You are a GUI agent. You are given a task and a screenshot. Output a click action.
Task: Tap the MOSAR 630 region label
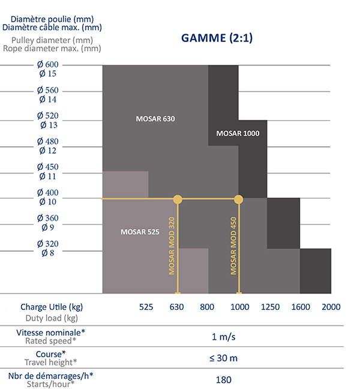(x=155, y=118)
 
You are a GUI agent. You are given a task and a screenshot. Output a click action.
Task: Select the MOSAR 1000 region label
(x=238, y=133)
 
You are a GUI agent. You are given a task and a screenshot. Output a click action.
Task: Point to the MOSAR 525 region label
(x=140, y=231)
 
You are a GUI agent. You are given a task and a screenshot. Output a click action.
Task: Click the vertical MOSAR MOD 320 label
(x=172, y=246)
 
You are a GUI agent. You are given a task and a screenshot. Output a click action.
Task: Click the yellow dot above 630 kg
(x=178, y=199)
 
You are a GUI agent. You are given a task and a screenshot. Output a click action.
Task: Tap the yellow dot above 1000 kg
(x=238, y=199)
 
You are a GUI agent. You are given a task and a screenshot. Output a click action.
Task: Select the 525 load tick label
(x=146, y=307)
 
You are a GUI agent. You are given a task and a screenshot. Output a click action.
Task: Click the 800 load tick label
(x=207, y=307)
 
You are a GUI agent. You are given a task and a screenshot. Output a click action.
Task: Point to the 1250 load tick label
(x=270, y=307)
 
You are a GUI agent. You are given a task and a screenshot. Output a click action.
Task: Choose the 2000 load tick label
(x=331, y=307)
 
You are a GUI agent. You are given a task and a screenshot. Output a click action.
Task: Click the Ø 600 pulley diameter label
(x=47, y=65)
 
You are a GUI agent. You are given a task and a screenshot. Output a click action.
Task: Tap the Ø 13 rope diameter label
(x=48, y=125)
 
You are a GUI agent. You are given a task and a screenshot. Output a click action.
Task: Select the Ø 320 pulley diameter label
(x=47, y=244)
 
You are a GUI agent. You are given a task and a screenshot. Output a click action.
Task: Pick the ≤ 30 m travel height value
(x=223, y=358)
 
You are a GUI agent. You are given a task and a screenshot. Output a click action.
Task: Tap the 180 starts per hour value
(x=223, y=379)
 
